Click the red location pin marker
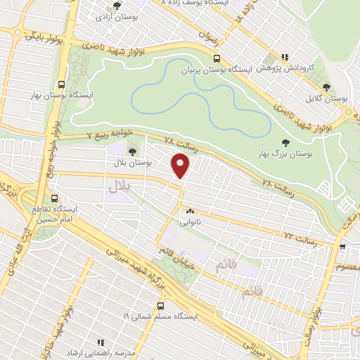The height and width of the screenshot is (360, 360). (181, 166)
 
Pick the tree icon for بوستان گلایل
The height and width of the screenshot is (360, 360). (326, 87)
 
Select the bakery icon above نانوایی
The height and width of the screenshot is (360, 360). (190, 211)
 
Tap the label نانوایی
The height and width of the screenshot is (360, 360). (190, 221)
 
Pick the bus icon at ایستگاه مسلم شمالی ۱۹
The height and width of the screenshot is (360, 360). (161, 306)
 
